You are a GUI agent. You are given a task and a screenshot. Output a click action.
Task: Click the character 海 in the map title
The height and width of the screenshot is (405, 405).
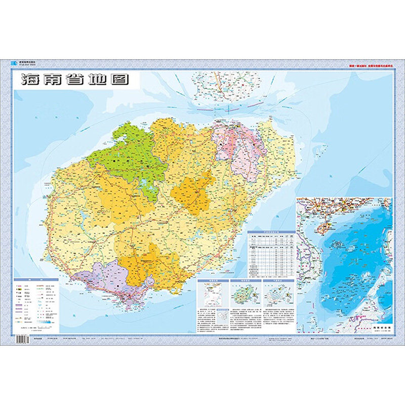29,80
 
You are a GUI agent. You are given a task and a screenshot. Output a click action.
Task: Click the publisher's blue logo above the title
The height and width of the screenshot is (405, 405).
14,63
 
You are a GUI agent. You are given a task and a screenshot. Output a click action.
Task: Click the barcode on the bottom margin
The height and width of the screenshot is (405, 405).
23,339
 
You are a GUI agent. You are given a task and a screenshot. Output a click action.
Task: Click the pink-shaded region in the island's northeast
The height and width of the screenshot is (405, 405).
238,147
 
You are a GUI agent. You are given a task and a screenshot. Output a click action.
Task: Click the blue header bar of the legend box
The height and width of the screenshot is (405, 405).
35,279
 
